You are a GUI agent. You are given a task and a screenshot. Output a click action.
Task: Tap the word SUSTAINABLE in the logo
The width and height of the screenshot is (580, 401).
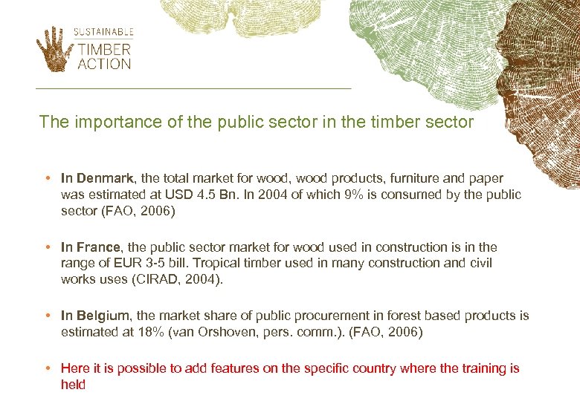tap(103, 32)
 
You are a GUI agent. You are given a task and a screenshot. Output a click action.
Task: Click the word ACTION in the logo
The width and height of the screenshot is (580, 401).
tap(104, 65)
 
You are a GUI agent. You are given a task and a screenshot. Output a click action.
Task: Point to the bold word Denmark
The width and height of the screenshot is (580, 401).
tap(104, 178)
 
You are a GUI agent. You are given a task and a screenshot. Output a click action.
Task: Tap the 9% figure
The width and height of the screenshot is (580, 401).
tap(352, 195)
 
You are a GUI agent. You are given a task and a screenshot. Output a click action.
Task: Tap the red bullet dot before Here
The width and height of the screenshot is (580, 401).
tap(47, 368)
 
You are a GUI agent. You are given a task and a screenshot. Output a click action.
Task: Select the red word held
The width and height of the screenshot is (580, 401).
tap(73, 385)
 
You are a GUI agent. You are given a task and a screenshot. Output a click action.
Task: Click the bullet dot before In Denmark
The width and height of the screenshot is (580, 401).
tap(47, 178)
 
